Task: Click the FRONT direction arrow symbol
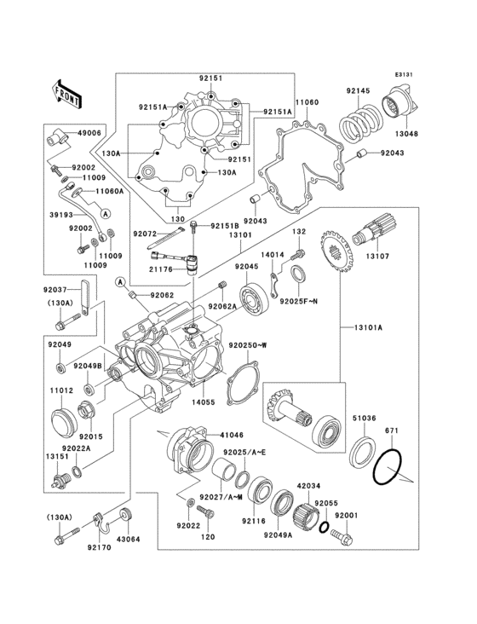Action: (66, 93)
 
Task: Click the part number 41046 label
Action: (220, 435)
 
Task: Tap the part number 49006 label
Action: (89, 133)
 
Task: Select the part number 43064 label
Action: (129, 539)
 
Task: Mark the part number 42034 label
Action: (307, 485)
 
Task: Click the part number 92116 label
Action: (253, 520)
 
